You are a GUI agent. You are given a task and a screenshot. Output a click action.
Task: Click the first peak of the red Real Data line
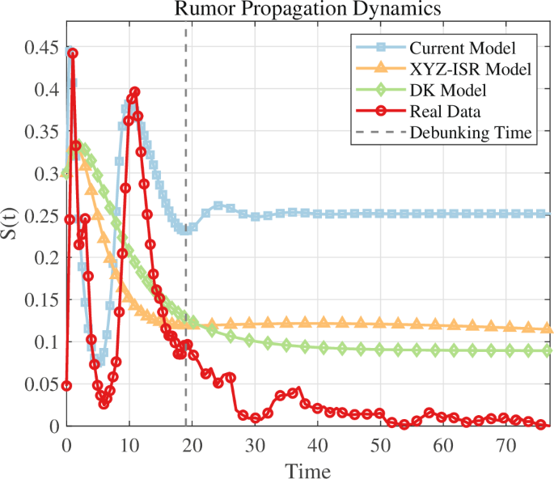tap(73, 53)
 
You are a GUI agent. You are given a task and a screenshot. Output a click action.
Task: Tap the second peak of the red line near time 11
tap(135, 92)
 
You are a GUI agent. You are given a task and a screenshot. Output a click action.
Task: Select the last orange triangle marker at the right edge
tap(547, 329)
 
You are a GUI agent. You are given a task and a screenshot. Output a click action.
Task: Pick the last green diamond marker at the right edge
tap(547, 351)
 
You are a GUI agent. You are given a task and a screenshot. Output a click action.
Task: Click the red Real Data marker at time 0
tap(66, 385)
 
